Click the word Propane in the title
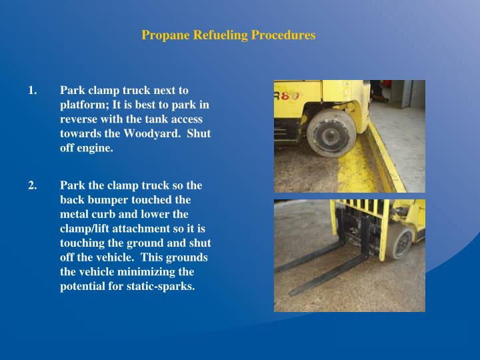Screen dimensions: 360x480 (x=161, y=35)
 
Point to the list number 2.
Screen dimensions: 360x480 (x=32, y=185)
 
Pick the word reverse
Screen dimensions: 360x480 (x=79, y=119)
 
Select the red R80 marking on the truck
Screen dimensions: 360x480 (x=285, y=95)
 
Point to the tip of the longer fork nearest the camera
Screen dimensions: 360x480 (x=293, y=292)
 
